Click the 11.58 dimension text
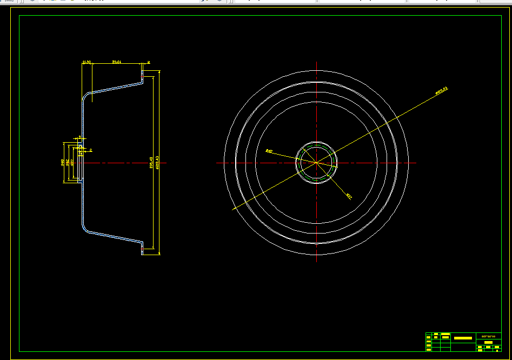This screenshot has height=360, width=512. coord(87,63)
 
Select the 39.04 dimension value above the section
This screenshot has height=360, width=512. coord(116,63)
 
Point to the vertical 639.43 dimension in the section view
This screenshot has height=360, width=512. coord(157,162)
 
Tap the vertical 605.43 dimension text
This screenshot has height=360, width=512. coord(151,162)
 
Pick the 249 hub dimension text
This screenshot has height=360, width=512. coord(63,162)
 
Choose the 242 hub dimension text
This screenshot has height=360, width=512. coord(68,162)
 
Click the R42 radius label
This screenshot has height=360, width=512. coord(269,151)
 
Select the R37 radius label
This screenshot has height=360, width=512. coord(349,196)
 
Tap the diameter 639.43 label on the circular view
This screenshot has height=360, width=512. coord(442,90)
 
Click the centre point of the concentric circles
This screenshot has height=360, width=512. coord(316,162)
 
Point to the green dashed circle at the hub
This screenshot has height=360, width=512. coord(316,144)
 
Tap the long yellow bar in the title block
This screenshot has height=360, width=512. coord(463,338)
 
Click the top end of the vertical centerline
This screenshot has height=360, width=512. coord(316,63)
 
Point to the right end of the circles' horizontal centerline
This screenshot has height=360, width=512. coord(416,162)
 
